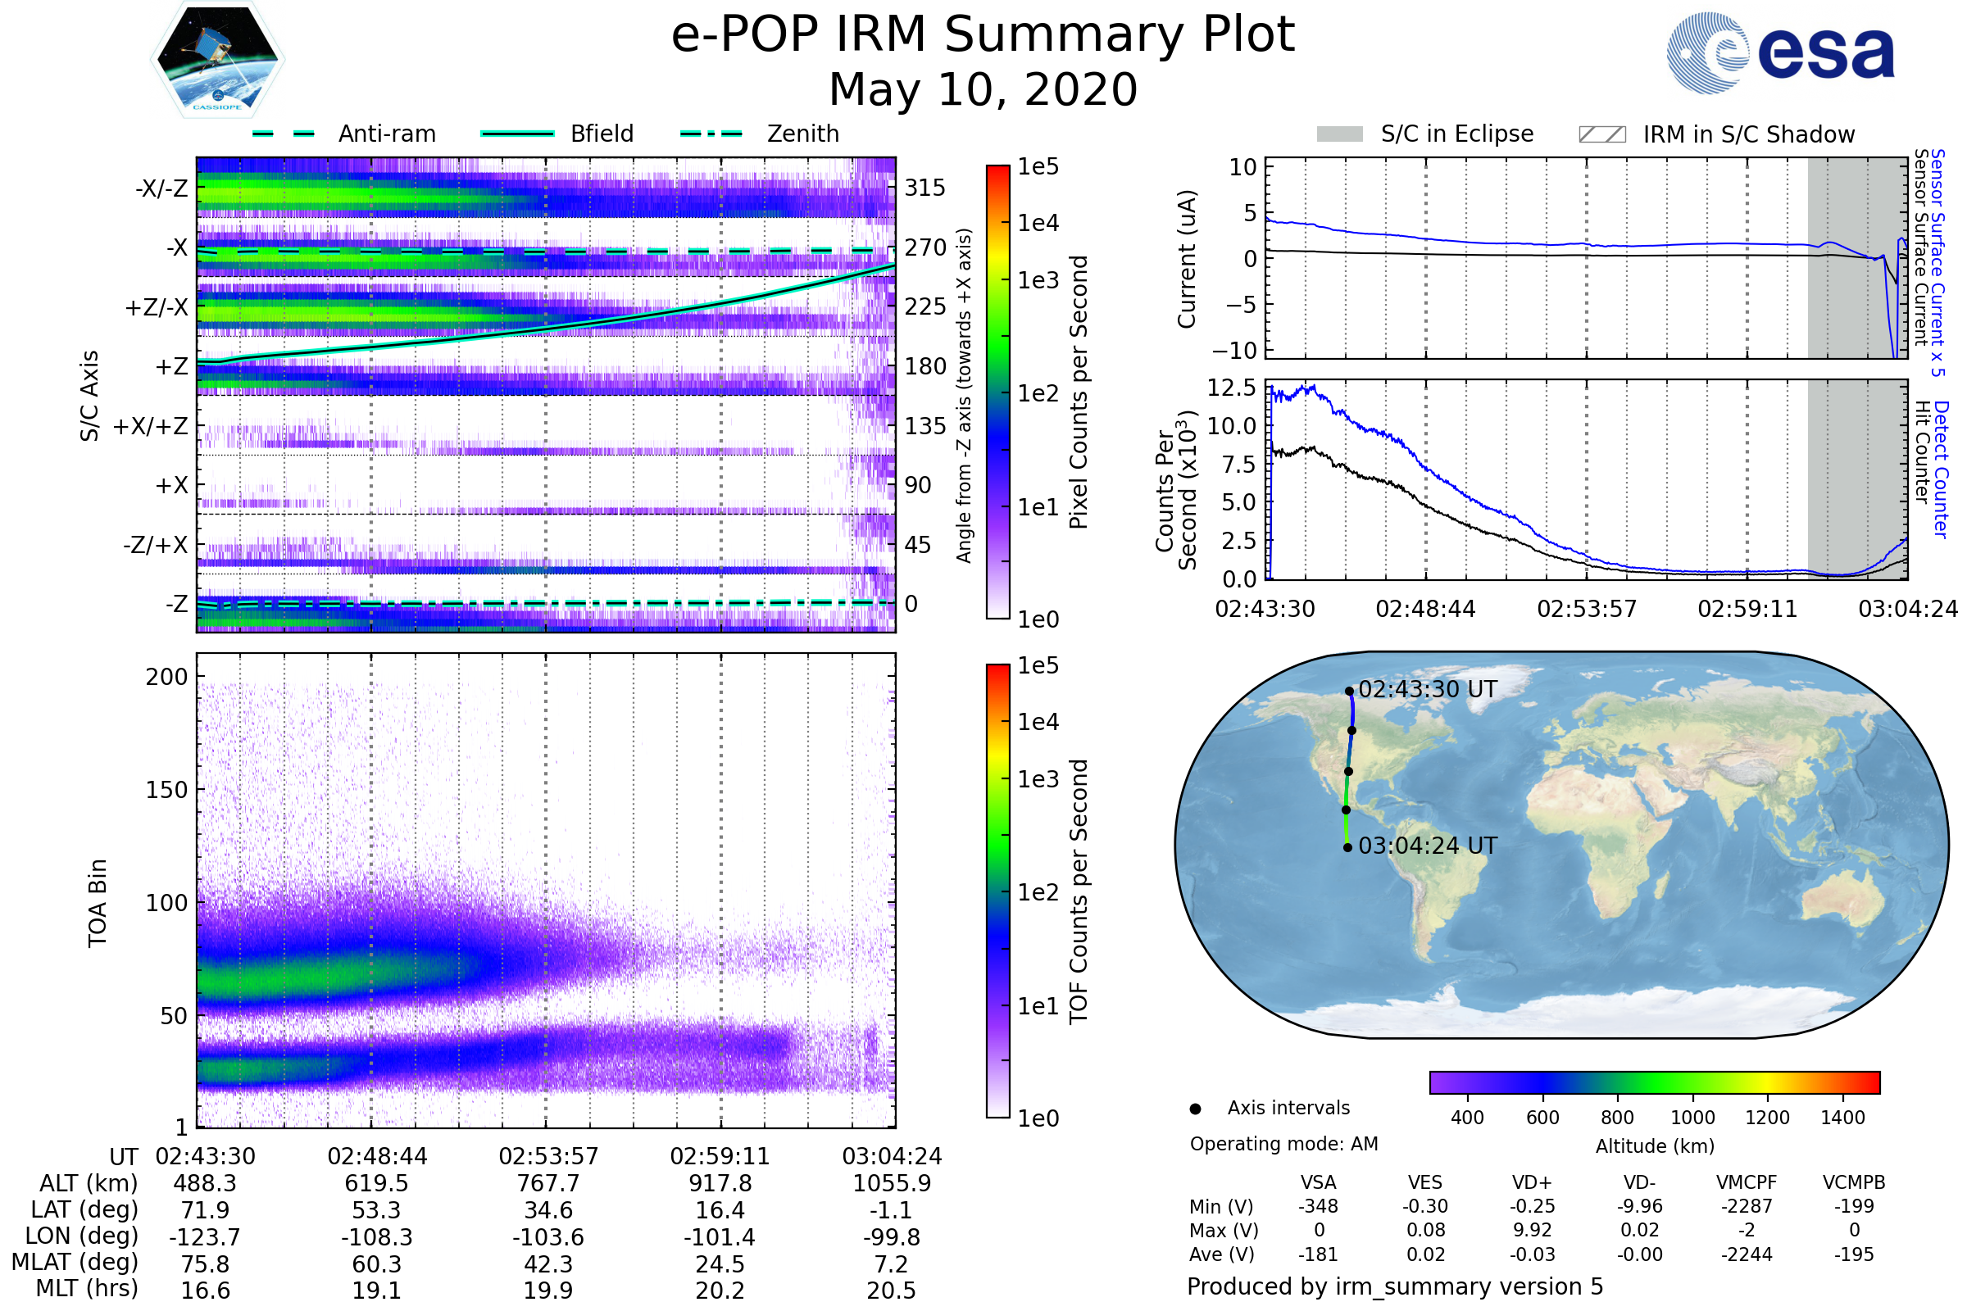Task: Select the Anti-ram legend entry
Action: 343,134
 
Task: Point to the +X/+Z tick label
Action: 151,426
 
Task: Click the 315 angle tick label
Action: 925,188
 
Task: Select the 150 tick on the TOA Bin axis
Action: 166,790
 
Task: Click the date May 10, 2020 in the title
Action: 983,89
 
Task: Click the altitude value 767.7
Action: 547,1184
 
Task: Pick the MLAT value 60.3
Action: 376,1264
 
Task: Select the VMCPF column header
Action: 1747,1183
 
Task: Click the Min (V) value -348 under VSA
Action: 1318,1206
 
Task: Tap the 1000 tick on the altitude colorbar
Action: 1692,1118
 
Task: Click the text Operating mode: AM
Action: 1283,1144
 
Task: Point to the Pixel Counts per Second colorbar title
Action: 1079,392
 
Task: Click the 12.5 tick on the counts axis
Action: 1231,387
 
